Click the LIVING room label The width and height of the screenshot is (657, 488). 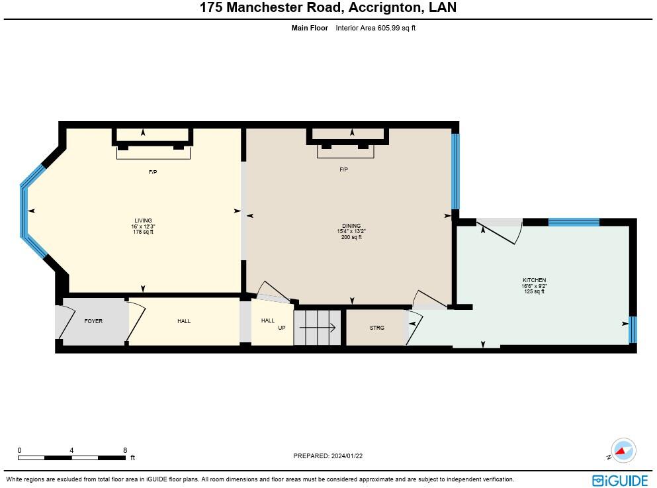[x=143, y=220]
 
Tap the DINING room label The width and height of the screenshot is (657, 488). [x=351, y=226]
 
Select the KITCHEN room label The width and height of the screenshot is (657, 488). [x=534, y=280]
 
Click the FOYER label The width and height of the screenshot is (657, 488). [x=93, y=321]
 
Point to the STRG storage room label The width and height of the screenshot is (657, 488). [x=376, y=328]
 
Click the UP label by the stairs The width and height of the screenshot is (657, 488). [x=282, y=326]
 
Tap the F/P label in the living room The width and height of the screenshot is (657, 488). [x=152, y=172]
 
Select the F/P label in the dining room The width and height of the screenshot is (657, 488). [x=344, y=170]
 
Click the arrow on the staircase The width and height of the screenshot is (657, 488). [x=318, y=326]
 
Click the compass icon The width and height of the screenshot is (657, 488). [x=622, y=451]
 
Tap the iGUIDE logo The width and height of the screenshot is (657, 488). [x=620, y=480]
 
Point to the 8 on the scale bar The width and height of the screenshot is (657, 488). [x=125, y=450]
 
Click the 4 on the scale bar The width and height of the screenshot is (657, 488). [x=71, y=450]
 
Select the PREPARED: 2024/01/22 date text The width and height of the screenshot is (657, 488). [x=329, y=456]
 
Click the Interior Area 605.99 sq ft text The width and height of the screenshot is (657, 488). [x=375, y=28]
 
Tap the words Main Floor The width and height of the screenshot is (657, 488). [x=310, y=28]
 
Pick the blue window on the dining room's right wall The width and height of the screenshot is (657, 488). [x=455, y=171]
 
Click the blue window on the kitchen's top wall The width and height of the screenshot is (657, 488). [x=574, y=222]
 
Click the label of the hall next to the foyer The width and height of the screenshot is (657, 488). [x=184, y=321]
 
